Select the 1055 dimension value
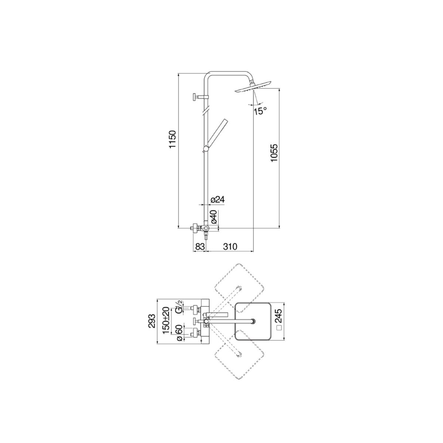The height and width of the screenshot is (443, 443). [x=274, y=153]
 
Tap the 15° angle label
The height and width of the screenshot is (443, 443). [x=260, y=110]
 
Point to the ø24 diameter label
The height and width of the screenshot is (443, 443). [x=217, y=199]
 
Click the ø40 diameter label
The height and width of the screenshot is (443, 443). [x=214, y=217]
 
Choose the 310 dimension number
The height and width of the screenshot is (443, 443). [x=229, y=246]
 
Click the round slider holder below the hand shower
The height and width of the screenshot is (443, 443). [x=206, y=149]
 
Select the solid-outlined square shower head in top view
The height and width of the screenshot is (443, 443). [x=253, y=321]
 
